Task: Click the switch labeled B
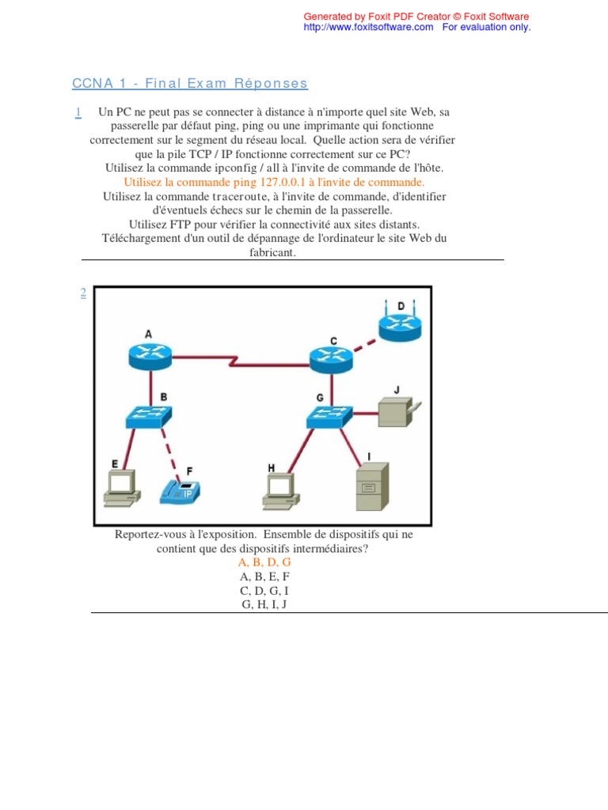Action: click(149, 415)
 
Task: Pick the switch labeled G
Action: click(330, 414)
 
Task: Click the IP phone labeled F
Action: click(183, 490)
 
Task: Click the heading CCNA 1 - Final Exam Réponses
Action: click(189, 84)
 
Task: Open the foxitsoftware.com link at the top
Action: click(369, 27)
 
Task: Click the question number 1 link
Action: click(79, 112)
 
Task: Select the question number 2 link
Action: click(82, 293)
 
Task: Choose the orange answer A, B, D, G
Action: click(264, 562)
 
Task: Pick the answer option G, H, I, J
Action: click(264, 605)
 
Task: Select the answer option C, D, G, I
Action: click(264, 591)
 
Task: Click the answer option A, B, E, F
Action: click(264, 577)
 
